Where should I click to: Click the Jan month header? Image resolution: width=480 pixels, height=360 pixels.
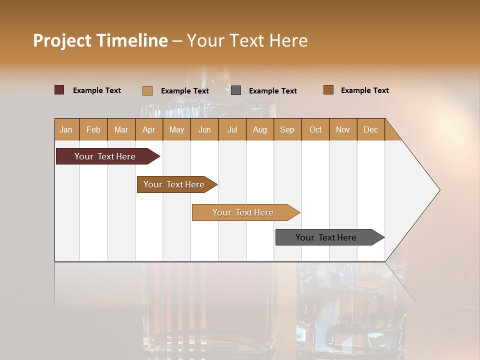(x=66, y=129)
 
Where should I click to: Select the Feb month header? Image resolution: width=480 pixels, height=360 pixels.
(x=93, y=129)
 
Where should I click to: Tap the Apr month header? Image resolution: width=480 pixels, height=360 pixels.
(x=148, y=129)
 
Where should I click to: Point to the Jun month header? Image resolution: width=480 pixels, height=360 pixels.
(x=204, y=129)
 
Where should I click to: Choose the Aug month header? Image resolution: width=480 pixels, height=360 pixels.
(x=260, y=129)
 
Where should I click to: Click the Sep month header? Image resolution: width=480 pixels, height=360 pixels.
(x=287, y=129)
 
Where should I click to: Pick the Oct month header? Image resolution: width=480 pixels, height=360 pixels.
(x=315, y=129)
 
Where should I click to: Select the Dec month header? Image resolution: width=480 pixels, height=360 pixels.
(x=370, y=129)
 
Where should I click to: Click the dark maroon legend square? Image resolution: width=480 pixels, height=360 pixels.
(x=59, y=90)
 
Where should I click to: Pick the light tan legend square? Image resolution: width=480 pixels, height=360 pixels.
(x=147, y=90)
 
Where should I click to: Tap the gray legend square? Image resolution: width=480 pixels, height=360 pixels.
(x=236, y=90)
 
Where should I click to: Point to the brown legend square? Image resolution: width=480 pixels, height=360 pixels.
(x=328, y=90)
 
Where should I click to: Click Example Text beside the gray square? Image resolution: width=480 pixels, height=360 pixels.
(x=272, y=91)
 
